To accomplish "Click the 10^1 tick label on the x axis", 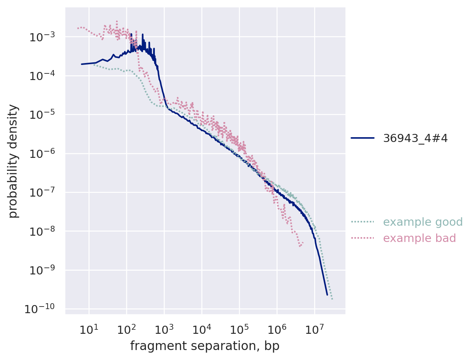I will point(88,329).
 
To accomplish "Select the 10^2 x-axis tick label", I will point(126,329).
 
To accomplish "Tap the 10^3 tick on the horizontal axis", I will point(164,329).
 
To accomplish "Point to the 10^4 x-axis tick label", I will point(201,329).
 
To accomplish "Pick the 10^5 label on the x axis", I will point(239,329).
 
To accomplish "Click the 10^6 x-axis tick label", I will point(277,329).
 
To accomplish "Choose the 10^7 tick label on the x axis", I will point(314,329).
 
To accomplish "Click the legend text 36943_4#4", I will point(415,138).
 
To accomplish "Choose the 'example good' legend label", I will point(423,222).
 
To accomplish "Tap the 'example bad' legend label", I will point(420,238).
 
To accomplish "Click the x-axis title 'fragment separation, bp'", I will point(205,346).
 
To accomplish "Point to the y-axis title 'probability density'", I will point(13,161).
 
